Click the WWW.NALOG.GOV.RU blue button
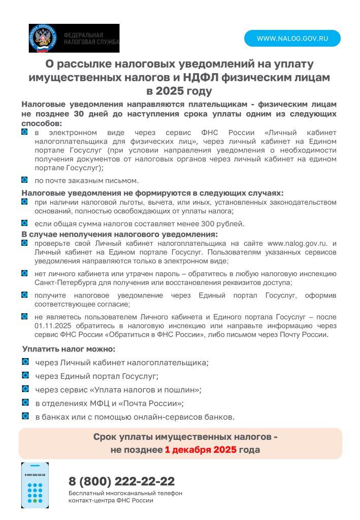click(292, 39)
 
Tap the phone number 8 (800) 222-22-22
click(121, 481)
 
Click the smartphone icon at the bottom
click(35, 485)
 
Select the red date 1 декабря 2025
click(201, 450)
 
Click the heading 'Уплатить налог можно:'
click(69, 349)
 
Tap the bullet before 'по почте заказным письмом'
click(24, 180)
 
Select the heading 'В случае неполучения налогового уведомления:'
click(119, 234)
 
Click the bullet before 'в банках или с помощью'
click(25, 416)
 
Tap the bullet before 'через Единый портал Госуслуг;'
click(25, 375)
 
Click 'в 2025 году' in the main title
click(179, 91)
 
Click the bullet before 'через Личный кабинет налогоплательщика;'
click(25, 362)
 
